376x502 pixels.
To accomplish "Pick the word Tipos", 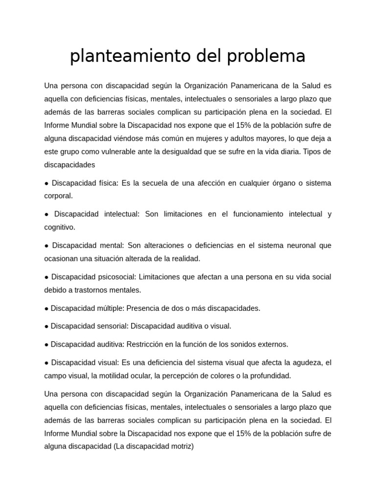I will click(312, 152).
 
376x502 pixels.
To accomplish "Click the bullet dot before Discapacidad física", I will click(46, 183).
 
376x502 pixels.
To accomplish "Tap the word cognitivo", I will click(59, 227).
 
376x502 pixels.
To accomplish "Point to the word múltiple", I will click(107, 308).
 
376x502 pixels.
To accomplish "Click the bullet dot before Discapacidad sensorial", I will click(46, 326).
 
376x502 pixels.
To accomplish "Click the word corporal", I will click(58, 196).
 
